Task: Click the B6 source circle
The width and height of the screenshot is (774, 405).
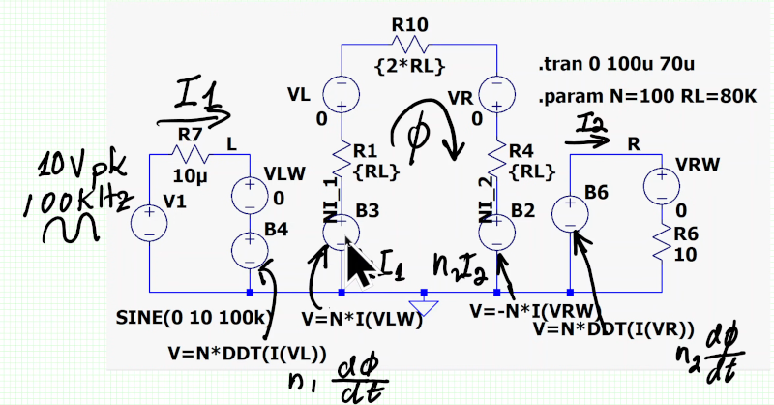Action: point(571,212)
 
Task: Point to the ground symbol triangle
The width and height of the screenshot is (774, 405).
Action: point(423,307)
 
